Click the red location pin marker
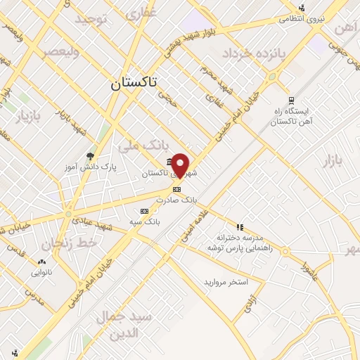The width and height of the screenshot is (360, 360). [181, 165]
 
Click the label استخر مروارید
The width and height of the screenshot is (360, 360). [224, 282]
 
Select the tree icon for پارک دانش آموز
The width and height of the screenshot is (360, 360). [90, 156]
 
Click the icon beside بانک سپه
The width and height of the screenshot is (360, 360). [144, 210]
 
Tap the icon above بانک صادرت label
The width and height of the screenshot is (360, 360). [176, 188]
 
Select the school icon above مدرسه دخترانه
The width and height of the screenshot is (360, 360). [240, 227]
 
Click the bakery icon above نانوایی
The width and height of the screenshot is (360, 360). [39, 263]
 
